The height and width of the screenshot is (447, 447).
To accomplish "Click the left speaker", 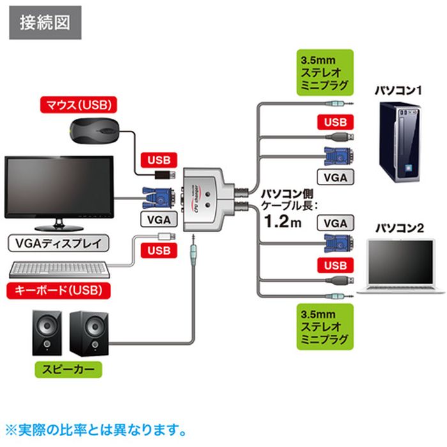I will click(x=47, y=332).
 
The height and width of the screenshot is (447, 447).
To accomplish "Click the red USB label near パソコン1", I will click(x=335, y=122).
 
